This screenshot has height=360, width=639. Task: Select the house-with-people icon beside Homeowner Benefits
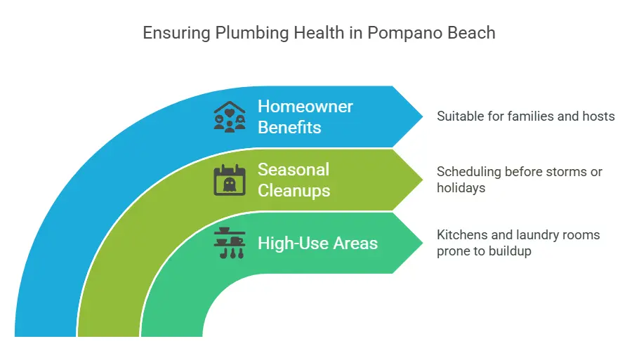click(x=230, y=116)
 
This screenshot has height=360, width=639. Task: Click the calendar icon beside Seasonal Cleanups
click(x=230, y=180)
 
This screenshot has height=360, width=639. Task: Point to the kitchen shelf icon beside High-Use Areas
click(x=230, y=244)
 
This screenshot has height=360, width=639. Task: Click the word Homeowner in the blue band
click(x=305, y=107)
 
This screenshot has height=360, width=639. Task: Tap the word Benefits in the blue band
click(x=289, y=128)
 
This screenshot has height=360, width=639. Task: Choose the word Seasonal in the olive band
click(x=293, y=169)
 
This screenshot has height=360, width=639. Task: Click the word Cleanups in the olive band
click(x=294, y=190)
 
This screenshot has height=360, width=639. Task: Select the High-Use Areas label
click(x=317, y=244)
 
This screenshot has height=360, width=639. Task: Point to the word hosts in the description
click(x=598, y=116)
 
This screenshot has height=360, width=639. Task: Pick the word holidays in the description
click(x=461, y=187)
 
